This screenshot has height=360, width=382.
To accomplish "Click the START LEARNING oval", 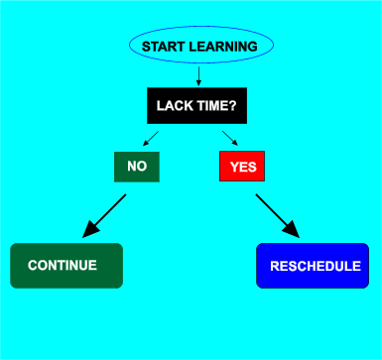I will point(200,47).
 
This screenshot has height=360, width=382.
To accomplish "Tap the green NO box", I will point(137,167).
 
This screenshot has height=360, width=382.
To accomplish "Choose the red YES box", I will point(242,167).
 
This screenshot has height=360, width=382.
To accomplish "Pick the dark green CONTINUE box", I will point(65,266).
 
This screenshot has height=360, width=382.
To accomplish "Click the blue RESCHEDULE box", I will point(314,266).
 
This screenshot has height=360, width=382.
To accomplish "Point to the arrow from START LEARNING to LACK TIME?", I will point(199,75).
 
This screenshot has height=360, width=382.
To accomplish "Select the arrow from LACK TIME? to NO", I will point(150,138).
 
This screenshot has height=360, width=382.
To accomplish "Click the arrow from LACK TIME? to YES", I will point(229,138).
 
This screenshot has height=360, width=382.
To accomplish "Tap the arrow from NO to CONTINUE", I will point(105,215).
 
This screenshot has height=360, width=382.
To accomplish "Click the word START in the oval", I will point(164,47).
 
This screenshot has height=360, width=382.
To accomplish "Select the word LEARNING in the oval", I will point(224,47).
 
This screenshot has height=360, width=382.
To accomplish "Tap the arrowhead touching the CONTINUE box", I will point(90,230).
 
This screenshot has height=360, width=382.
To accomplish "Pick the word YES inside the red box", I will point(242,167).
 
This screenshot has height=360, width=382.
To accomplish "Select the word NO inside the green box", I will point(137,167).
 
